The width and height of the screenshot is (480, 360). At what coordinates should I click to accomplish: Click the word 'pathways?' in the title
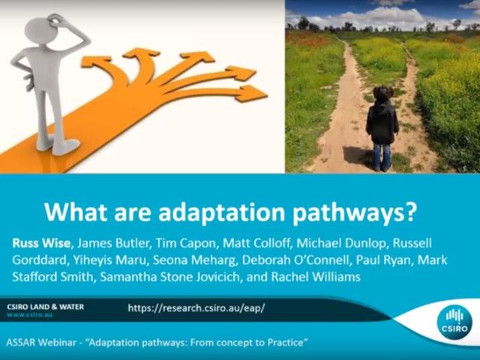coord(349,212)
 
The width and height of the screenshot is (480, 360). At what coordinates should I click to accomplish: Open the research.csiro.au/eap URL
coord(196,307)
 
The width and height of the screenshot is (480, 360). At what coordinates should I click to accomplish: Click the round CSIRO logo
coord(454,320)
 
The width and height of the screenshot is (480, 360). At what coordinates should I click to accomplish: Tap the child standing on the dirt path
coord(382,124)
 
